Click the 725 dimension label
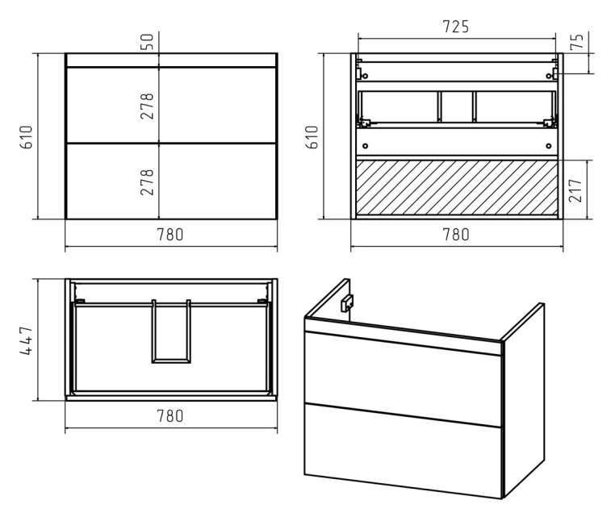[455, 27]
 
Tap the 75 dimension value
[577, 41]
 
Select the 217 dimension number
[575, 190]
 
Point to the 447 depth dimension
[27, 340]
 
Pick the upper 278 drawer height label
[147, 106]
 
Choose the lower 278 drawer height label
[147, 182]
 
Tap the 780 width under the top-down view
[170, 416]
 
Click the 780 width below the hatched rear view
[456, 235]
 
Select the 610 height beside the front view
[27, 137]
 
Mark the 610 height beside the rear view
[312, 137]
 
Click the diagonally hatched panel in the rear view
[457, 187]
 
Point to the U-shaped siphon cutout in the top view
[171, 361]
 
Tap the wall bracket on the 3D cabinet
[347, 302]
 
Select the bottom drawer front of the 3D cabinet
[403, 451]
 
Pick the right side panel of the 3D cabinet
[523, 400]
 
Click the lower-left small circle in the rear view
[365, 146]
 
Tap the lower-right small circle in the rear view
[549, 146]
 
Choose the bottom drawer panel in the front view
[171, 181]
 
